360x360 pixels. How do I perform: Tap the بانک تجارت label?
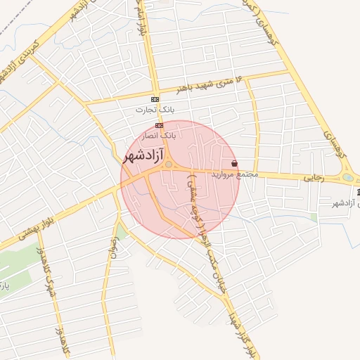(x=155, y=110)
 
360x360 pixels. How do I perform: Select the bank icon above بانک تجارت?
(x=155, y=99)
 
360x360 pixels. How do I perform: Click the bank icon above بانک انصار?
(x=160, y=125)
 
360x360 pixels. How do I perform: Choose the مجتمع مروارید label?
(x=236, y=174)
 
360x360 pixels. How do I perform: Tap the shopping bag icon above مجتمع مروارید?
(x=234, y=164)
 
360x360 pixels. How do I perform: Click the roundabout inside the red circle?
(x=169, y=165)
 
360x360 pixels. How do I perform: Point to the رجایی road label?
(x=312, y=179)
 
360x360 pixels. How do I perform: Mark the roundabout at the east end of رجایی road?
(x=348, y=177)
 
